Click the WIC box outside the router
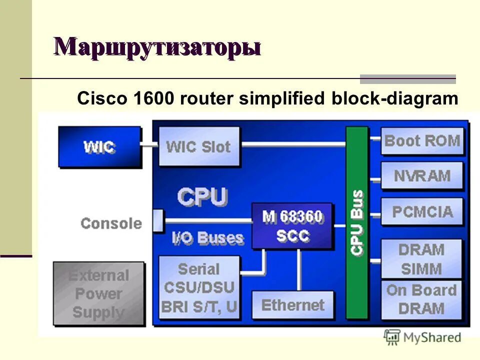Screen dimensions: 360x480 click(99, 147)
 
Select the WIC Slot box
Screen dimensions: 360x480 click(199, 146)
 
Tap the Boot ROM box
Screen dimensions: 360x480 click(422, 141)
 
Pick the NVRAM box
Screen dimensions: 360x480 click(422, 175)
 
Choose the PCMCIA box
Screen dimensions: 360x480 click(422, 211)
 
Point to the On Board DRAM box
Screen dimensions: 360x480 click(421, 299)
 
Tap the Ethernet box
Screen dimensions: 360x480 click(292, 304)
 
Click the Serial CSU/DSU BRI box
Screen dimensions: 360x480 click(199, 287)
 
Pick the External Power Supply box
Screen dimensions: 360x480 click(98, 293)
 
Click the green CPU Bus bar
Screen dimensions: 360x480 click(357, 222)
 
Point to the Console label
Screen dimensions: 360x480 click(111, 223)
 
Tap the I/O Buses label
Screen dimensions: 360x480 click(207, 238)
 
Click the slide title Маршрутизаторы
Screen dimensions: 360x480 click(157, 47)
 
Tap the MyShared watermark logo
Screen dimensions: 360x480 click(422, 337)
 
